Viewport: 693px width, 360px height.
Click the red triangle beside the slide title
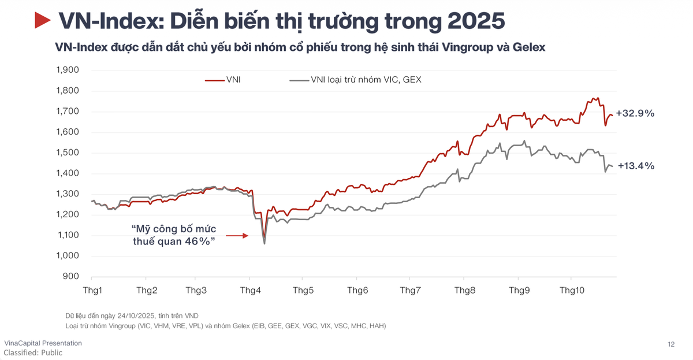[43, 21]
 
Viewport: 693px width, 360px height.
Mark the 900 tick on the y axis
[71, 276]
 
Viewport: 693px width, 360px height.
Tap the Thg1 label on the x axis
[93, 290]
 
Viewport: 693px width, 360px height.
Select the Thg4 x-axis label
[250, 290]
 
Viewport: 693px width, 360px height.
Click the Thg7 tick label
[411, 290]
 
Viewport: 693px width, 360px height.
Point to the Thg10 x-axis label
[571, 290]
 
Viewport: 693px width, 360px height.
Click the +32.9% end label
[635, 114]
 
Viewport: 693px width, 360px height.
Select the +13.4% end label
[635, 166]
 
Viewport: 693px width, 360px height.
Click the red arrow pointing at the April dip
[237, 236]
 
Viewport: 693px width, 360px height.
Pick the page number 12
[671, 344]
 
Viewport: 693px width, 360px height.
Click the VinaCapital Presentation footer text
[43, 343]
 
